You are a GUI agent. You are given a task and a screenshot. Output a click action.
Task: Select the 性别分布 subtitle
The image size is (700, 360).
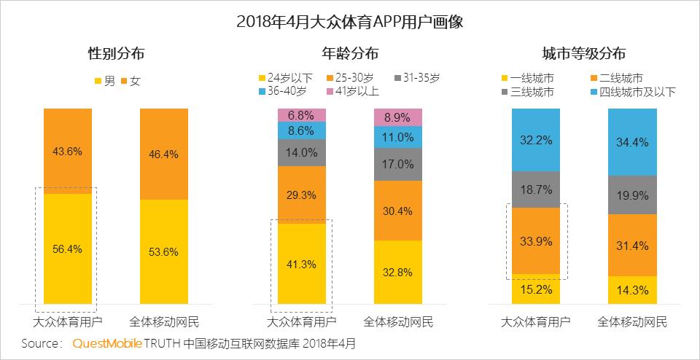[116, 54]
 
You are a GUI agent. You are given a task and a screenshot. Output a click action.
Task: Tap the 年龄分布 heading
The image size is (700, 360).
[350, 54]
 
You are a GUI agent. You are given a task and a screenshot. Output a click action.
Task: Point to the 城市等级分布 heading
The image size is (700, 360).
[583, 54]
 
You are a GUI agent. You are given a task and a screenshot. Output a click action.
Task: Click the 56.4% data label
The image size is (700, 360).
[68, 249]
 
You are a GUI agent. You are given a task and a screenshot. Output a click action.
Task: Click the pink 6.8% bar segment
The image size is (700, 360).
[301, 114]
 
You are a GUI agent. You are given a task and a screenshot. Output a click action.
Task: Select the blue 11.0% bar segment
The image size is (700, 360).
[398, 137]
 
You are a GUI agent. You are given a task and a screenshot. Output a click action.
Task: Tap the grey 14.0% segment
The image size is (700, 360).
[301, 152]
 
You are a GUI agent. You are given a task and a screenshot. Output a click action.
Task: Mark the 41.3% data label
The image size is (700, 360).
[301, 265]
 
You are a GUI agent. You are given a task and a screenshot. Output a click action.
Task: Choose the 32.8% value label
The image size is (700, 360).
[398, 272]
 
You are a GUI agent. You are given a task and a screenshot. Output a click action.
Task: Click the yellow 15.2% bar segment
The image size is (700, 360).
[535, 289]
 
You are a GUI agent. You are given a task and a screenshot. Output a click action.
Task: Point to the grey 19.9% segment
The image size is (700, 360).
[632, 195]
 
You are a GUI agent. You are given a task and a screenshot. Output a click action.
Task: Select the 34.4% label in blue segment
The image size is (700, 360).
[632, 143]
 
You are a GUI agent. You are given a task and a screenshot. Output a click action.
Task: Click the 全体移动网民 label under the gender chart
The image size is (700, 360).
[163, 321]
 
